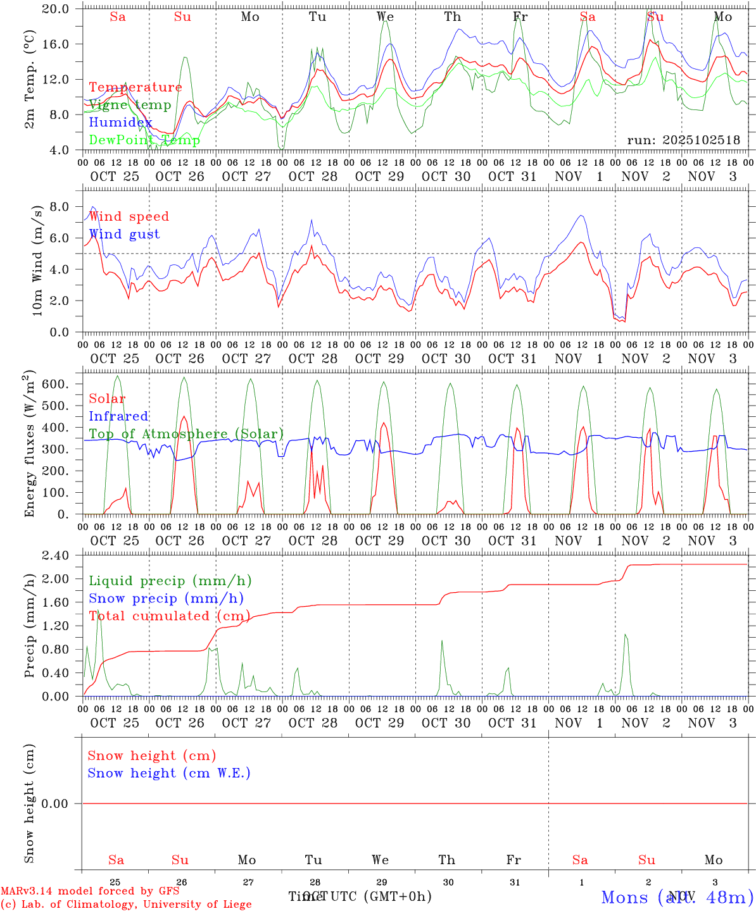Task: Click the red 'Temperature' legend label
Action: [135, 87]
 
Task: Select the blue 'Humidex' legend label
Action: [120, 122]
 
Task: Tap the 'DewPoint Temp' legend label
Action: [144, 140]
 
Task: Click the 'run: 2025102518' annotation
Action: [683, 140]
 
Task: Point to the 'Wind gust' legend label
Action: [124, 234]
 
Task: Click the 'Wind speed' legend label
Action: [129, 216]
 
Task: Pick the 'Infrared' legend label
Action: [118, 416]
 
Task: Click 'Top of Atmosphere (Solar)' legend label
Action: [186, 434]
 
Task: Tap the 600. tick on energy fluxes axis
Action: [55, 384]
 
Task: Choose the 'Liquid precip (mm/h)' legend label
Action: [170, 581]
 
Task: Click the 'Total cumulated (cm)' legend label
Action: [169, 616]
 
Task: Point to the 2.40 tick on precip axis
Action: [54, 555]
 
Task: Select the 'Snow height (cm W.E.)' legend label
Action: [168, 773]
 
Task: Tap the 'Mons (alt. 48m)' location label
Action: [677, 897]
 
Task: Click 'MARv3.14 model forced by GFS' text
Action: [90, 891]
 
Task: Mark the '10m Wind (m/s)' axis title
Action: [37, 261]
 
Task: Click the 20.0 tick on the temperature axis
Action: [57, 9]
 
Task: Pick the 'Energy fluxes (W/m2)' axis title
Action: [29, 445]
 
